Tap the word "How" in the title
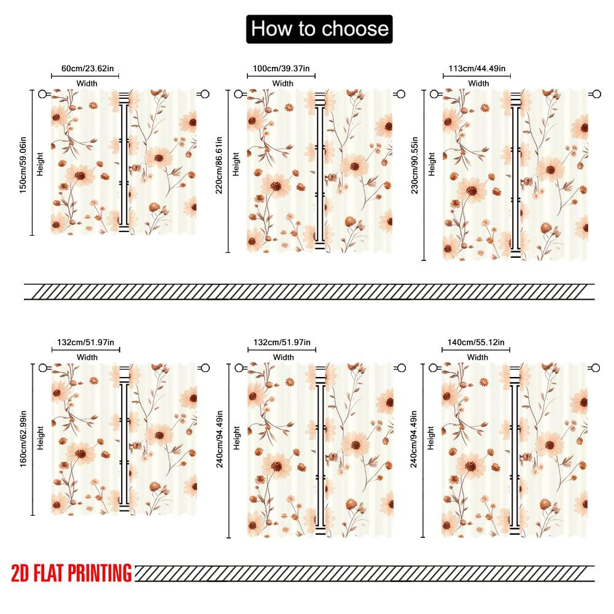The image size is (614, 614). click(x=271, y=29)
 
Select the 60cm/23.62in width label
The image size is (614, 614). click(x=85, y=69)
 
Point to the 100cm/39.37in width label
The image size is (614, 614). click(x=282, y=69)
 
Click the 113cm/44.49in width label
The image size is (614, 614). click(x=477, y=69)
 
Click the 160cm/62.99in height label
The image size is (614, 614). click(x=23, y=439)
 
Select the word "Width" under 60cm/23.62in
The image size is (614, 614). click(x=87, y=84)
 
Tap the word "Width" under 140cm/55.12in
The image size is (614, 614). click(x=477, y=357)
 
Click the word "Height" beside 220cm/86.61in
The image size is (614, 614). click(x=236, y=164)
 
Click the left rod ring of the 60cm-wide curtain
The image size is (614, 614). click(x=42, y=94)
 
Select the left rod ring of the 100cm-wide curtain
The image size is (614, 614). click(x=238, y=94)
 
